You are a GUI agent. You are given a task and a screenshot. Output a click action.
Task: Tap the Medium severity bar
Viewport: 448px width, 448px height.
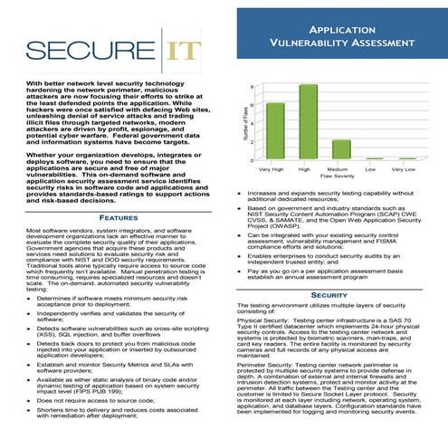click(341, 149)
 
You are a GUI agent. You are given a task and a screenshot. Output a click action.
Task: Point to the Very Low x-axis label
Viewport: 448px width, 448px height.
click(403, 169)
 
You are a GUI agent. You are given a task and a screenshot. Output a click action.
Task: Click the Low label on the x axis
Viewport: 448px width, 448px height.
click(371, 169)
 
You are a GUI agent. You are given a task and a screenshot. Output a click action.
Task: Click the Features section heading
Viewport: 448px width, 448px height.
click(118, 217)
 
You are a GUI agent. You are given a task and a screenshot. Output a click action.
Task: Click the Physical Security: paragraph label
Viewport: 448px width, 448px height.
click(263, 320)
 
